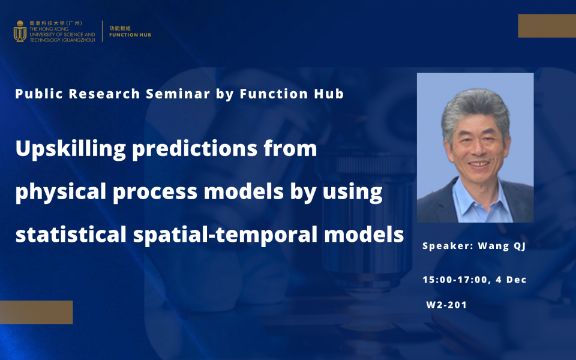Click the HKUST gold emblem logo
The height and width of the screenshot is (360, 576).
click(x=20, y=31)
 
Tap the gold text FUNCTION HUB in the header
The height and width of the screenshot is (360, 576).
click(x=130, y=35)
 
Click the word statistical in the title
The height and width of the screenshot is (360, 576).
click(x=71, y=234)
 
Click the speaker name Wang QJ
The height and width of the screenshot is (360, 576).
click(x=502, y=246)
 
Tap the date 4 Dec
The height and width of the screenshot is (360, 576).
click(x=511, y=280)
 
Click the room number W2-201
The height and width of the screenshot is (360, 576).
click(x=446, y=305)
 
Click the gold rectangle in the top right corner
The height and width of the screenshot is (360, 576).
click(x=547, y=26)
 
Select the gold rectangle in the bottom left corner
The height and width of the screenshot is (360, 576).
click(x=37, y=312)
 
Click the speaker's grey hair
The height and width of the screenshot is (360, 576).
click(x=475, y=104)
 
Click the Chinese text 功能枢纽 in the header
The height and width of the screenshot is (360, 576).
click(x=120, y=28)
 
